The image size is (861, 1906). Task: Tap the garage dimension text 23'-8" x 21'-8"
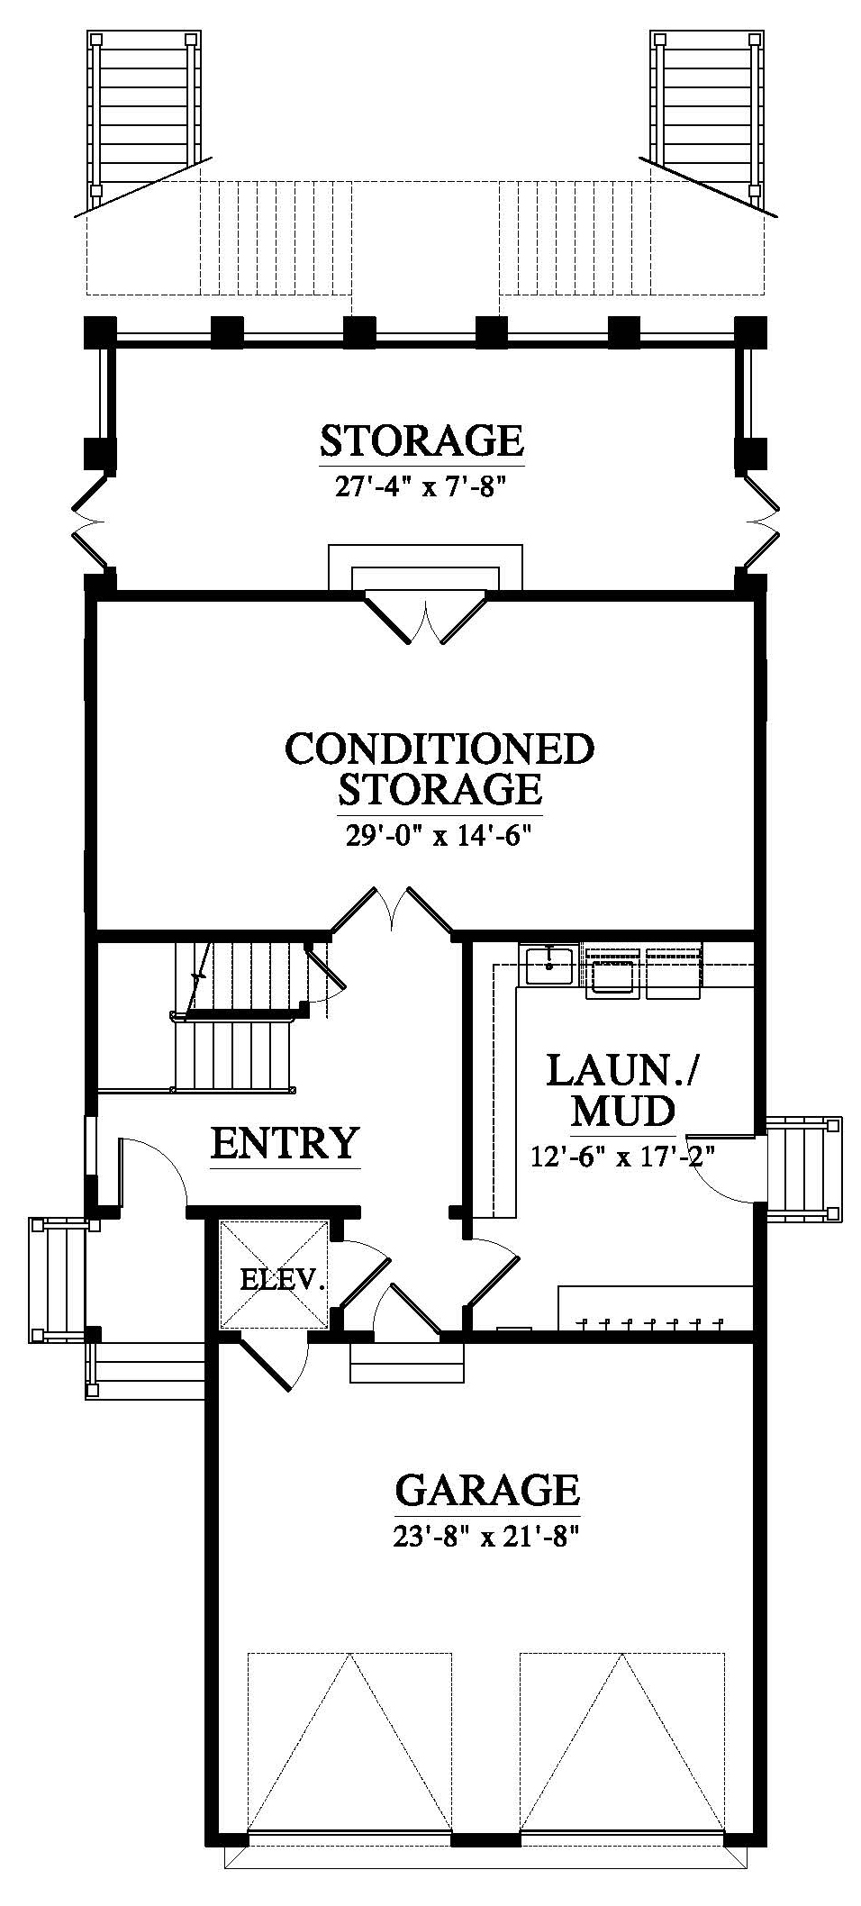pyautogui.click(x=485, y=1536)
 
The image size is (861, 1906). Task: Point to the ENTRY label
pyautogui.click(x=285, y=1142)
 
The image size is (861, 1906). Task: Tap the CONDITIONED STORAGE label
pyautogui.click(x=440, y=767)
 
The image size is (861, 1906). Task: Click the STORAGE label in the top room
pyautogui.click(x=421, y=441)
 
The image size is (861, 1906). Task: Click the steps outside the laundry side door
pyautogui.click(x=803, y=1168)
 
